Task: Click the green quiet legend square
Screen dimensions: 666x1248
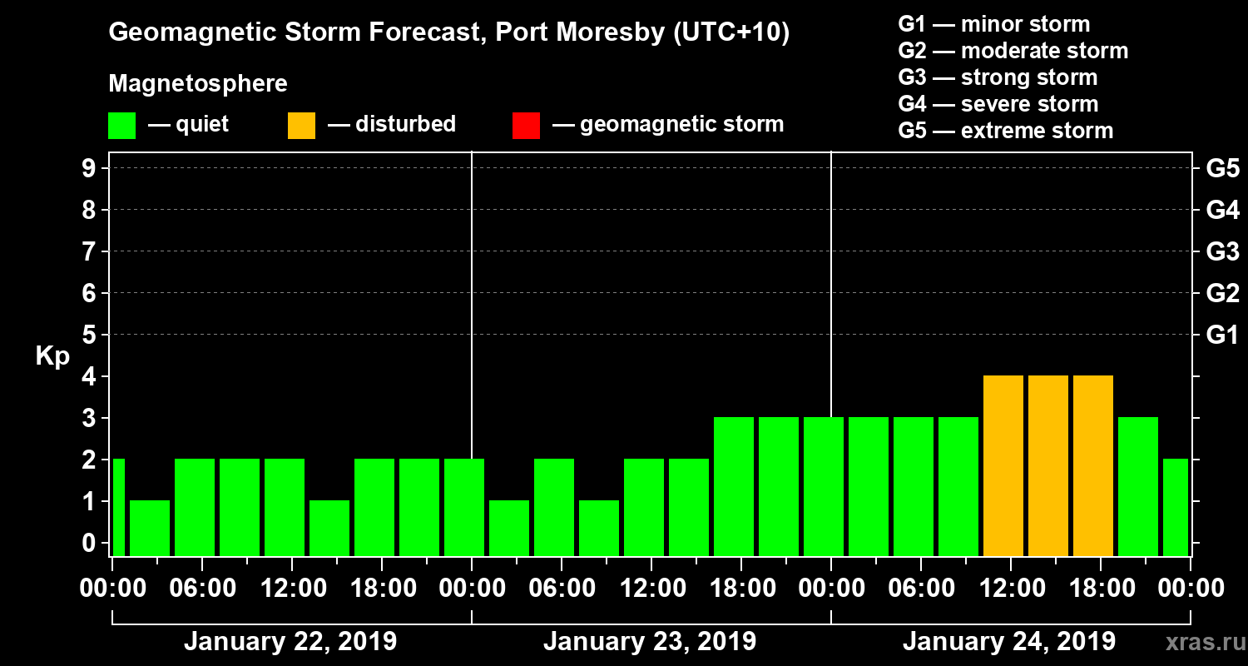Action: point(121,125)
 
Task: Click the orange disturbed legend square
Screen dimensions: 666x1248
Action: point(301,125)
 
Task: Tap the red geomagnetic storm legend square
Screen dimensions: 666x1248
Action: point(526,125)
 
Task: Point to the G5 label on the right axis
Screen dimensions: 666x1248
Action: point(1222,169)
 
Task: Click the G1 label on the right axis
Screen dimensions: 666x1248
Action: point(1222,335)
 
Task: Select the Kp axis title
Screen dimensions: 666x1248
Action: point(52,356)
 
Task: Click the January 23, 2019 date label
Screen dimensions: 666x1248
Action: point(650,642)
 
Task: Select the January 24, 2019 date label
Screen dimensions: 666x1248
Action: point(1009,642)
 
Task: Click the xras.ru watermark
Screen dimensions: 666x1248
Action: point(1199,643)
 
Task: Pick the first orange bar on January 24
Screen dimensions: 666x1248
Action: point(1003,466)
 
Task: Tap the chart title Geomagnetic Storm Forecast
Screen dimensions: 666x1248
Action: point(449,33)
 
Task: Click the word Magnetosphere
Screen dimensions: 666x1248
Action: point(198,84)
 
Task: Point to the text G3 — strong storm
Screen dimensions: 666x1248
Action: point(998,77)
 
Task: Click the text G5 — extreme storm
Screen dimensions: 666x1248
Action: point(1005,131)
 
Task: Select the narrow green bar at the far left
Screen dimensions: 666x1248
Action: point(118,507)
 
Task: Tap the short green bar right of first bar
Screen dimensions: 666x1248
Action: point(150,528)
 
